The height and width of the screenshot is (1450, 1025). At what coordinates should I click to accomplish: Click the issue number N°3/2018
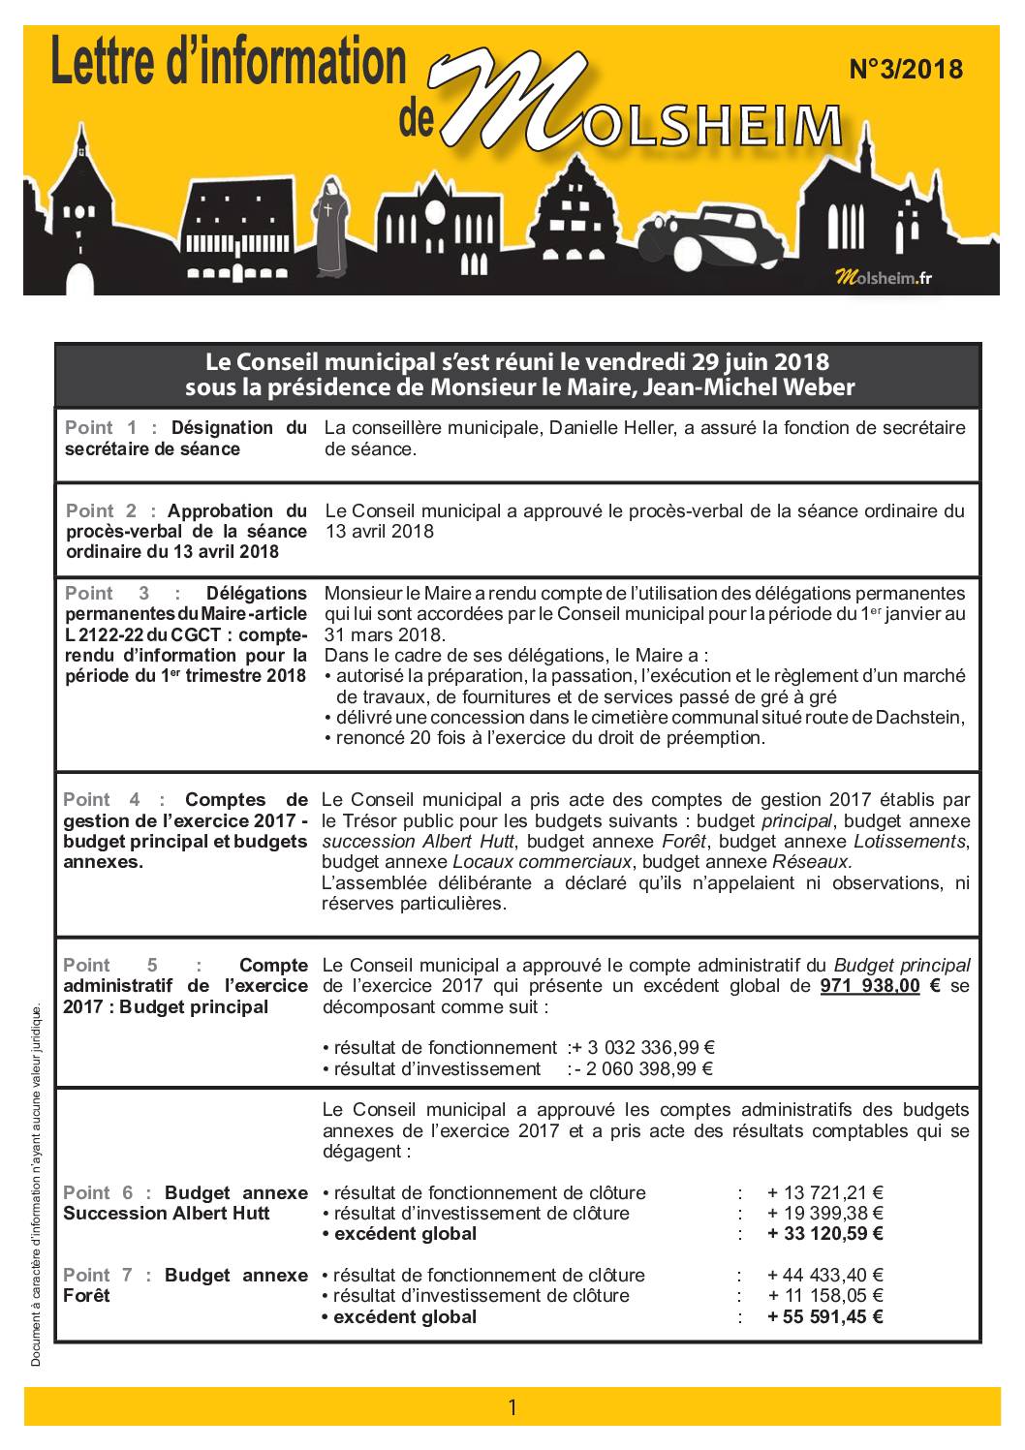pos(906,70)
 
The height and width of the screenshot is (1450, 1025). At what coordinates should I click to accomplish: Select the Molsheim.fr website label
pos(884,278)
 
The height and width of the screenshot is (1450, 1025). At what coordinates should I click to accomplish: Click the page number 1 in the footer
pos(512,1405)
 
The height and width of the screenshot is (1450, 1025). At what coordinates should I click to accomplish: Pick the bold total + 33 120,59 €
pos(824,1233)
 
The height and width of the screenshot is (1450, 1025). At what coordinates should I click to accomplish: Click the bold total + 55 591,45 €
pos(824,1316)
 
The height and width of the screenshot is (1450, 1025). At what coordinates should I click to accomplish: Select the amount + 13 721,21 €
pos(824,1192)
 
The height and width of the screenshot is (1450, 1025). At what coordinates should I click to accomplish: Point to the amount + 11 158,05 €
pos(824,1295)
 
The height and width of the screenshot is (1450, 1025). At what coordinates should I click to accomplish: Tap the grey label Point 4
pos(101,799)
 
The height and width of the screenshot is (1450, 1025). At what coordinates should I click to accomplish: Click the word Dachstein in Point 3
pos(919,717)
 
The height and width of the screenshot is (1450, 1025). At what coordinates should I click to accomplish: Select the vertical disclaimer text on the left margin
pos(37,1186)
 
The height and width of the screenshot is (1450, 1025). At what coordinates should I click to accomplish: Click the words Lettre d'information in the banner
pos(228,62)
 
